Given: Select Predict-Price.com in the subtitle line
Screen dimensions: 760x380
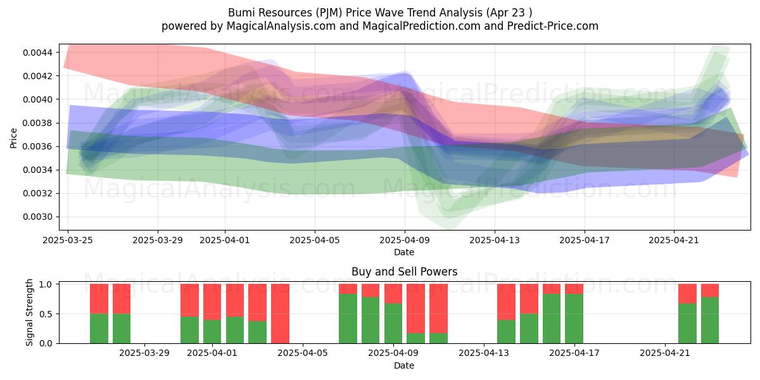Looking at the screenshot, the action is click(553, 26).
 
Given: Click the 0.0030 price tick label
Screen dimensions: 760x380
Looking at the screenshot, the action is click(37, 217).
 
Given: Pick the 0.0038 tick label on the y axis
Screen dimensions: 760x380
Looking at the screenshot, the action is click(37, 123).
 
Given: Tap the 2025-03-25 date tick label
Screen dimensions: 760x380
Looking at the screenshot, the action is click(68, 240).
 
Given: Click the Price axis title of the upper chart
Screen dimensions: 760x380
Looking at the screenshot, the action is click(13, 138).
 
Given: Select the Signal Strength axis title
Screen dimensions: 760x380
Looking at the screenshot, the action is click(30, 312).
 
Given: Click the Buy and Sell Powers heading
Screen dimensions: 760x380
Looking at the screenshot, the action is click(405, 272).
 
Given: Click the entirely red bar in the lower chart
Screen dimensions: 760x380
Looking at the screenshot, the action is click(280, 313).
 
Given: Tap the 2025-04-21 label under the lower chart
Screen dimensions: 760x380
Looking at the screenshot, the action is click(665, 353).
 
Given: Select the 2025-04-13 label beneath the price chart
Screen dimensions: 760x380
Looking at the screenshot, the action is click(495, 240).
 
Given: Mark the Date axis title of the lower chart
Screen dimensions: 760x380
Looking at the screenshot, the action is click(404, 366).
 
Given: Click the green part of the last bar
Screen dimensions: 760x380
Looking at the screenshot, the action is click(710, 320).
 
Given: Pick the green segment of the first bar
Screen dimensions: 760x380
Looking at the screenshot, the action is click(99, 329).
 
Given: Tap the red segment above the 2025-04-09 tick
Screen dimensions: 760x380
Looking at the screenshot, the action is click(393, 293).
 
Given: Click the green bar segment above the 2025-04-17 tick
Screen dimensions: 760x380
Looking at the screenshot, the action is click(574, 319).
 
